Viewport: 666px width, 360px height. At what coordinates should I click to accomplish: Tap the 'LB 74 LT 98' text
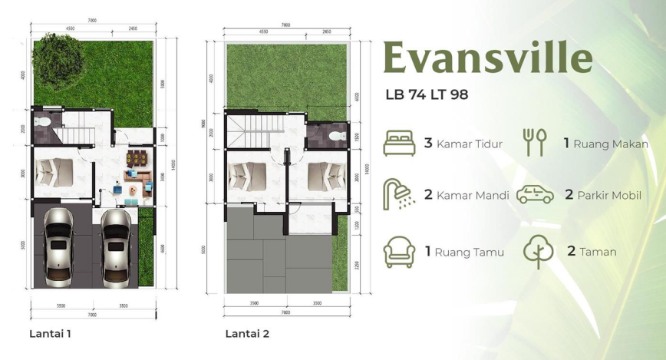point(427,95)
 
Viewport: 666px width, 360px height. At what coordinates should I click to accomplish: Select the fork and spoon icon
point(535,143)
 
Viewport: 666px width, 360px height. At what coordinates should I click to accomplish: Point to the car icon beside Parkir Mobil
point(535,194)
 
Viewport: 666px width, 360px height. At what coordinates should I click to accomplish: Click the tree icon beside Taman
point(537,251)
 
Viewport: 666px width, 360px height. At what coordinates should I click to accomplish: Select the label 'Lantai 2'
point(247,334)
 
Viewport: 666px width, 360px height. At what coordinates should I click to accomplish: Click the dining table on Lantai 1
point(137,160)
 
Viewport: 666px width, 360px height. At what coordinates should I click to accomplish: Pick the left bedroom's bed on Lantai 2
point(247,177)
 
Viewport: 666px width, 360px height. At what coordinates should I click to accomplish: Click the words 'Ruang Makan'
point(611,144)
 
